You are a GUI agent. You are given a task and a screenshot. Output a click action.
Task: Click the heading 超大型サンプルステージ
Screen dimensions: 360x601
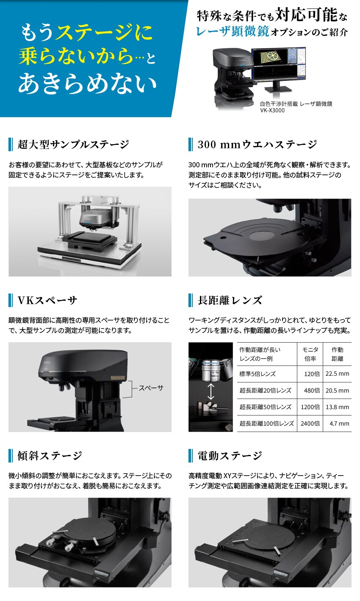[73, 144]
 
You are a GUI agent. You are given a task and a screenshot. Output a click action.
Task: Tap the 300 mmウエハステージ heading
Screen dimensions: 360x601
[257, 144]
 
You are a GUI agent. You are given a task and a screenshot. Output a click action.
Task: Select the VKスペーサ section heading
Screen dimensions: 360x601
[47, 300]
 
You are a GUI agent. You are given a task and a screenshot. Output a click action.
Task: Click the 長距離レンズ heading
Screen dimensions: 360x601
[230, 300]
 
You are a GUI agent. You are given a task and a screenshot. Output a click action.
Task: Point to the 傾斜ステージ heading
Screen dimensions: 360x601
[50, 456]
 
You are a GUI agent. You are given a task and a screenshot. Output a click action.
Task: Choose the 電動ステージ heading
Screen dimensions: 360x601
[230, 456]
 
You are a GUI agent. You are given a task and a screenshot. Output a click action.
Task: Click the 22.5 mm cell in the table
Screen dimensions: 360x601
[337, 374]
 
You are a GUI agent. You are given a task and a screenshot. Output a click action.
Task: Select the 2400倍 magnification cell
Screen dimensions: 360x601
[310, 424]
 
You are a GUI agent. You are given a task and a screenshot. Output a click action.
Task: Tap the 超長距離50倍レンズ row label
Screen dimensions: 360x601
[265, 407]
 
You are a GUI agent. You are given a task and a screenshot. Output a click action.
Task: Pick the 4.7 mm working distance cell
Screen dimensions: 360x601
[339, 424]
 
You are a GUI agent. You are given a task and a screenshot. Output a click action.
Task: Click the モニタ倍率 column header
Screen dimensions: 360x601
[310, 354]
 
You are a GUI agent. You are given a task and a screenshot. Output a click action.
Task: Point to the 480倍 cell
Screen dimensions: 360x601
[312, 391]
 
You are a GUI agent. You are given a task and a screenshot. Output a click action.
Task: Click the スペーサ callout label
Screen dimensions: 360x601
[151, 388]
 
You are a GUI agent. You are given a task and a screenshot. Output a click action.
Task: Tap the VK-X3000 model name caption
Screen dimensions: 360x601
[272, 110]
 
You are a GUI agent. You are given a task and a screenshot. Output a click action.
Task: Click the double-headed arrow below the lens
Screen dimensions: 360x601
[211, 391]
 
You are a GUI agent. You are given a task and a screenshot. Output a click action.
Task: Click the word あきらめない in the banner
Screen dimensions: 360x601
[87, 83]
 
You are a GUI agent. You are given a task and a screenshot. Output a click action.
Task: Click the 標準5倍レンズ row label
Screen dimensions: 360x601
[257, 374]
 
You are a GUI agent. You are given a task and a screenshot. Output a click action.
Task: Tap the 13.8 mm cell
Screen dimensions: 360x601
[337, 407]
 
